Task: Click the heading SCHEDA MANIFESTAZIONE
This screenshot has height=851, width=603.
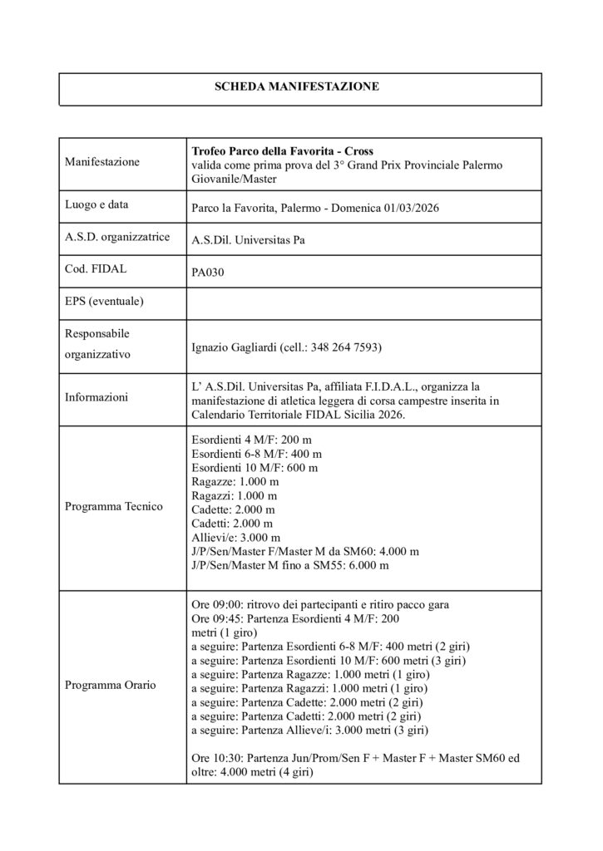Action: pyautogui.click(x=298, y=86)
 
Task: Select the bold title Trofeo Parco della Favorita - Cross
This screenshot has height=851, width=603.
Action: pyautogui.click(x=283, y=151)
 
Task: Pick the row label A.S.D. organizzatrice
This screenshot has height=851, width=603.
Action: pyautogui.click(x=116, y=237)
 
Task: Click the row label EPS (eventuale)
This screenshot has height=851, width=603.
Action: pyautogui.click(x=104, y=301)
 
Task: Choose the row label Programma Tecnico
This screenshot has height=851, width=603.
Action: pyautogui.click(x=113, y=505)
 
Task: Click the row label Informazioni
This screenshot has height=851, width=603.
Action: pyautogui.click(x=96, y=398)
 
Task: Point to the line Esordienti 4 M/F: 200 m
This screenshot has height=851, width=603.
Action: pyautogui.click(x=251, y=439)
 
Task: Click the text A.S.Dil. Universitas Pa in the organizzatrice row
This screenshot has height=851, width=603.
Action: pyautogui.click(x=249, y=239)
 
